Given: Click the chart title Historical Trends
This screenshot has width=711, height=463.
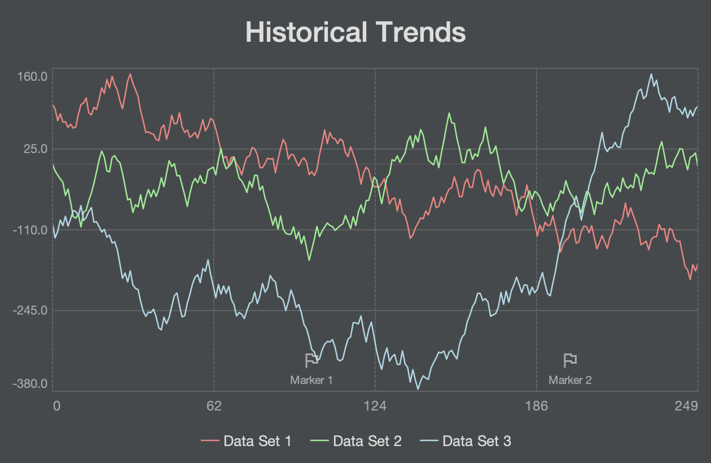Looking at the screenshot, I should click(x=355, y=32).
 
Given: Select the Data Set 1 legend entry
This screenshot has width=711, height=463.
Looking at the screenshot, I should click(x=247, y=441).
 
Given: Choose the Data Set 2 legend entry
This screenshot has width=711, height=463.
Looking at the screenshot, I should click(x=356, y=441).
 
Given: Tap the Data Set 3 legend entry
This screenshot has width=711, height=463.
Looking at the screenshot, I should click(x=466, y=441).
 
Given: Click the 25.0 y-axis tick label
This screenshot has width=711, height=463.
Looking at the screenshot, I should click(x=36, y=149).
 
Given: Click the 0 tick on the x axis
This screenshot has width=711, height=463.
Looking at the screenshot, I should click(x=56, y=405).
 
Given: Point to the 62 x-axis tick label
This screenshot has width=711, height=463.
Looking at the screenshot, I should click(x=214, y=405).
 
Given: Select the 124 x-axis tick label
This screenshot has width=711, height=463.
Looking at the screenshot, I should click(x=375, y=405).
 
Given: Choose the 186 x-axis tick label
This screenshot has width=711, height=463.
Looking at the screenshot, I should click(x=537, y=405).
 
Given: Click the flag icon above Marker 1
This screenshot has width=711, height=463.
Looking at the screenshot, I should click(x=311, y=360).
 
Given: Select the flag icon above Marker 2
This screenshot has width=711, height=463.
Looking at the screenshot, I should click(x=570, y=360).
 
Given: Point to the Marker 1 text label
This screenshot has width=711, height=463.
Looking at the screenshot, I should click(x=311, y=380).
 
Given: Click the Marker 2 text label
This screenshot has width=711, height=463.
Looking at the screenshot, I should click(x=570, y=380).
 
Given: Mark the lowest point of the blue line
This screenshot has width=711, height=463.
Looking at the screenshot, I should click(x=418, y=389).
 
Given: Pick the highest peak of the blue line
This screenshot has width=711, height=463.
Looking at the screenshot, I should click(x=651, y=74).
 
